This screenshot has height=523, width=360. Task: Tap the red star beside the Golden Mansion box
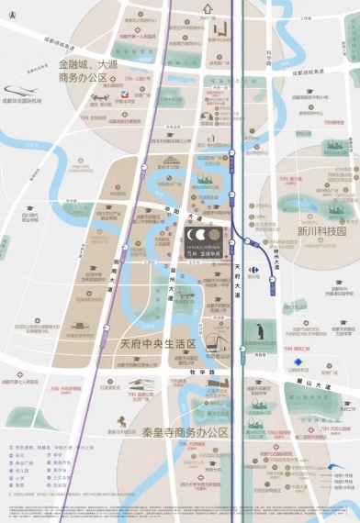click(231, 243)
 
